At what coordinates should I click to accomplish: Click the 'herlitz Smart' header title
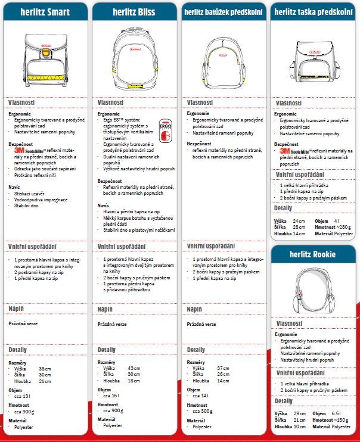pos(45,11)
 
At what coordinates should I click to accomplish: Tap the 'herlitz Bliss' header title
pos(134,11)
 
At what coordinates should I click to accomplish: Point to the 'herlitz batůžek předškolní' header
pos(223,11)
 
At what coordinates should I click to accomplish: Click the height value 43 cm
pos(134,368)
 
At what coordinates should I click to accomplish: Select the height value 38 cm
pos(45,369)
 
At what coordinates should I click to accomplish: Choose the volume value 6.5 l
pos(336,413)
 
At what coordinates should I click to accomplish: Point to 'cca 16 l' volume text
pos(111,395)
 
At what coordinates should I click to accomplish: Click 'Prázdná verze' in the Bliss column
pos(112,324)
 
